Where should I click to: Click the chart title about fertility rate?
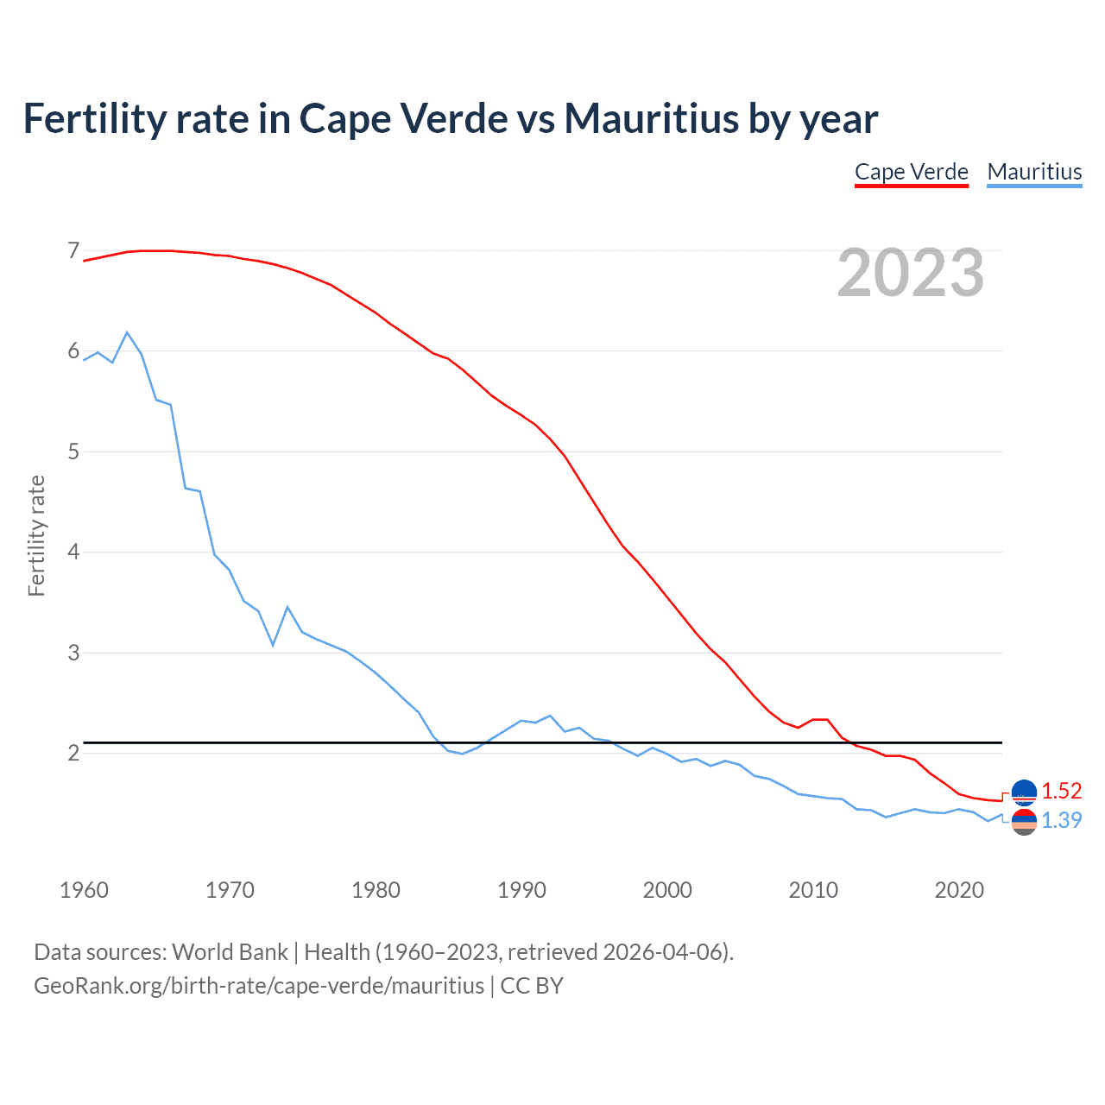pos(450,118)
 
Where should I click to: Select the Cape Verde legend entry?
pos(911,172)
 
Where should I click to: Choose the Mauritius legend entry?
pos(1033,172)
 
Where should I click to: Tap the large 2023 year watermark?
pos(910,273)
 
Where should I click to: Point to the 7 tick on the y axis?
pos(73,251)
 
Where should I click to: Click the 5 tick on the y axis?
pos(73,451)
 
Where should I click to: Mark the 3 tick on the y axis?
pos(73,653)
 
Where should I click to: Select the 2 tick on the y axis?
pos(73,753)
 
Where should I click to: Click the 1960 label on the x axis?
pos(84,890)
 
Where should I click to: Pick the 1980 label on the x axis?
pos(376,890)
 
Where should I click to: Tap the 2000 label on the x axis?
pos(667,890)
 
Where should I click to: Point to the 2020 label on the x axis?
pos(959,890)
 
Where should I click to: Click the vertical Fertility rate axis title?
pos(36,535)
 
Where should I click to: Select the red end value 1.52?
pos(1061,791)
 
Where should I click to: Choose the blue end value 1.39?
pos(1061,820)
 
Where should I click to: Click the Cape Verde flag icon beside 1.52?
pos(1024,792)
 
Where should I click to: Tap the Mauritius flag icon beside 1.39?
pos(1024,822)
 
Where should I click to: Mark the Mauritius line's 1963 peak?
pos(127,332)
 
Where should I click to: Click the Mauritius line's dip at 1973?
pos(273,645)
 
